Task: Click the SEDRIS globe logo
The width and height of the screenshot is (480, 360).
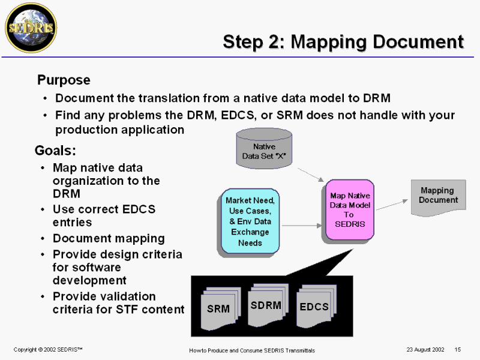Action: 31,28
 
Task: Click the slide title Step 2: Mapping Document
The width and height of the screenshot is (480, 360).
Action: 343,41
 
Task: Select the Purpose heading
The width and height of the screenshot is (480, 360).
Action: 64,80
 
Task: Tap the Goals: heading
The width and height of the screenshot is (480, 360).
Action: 55,150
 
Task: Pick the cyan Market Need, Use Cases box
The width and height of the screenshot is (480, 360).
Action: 250,221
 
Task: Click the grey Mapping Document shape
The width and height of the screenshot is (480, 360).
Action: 438,197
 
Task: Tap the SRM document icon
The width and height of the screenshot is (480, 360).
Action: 218,308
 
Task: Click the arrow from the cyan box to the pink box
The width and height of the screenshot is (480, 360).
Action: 302,226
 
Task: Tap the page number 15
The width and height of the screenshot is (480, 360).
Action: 457,349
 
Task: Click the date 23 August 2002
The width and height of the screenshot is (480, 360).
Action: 425,349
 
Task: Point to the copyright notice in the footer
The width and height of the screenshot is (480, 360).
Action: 47,349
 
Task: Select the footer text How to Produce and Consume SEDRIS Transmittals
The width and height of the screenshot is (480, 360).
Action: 251,350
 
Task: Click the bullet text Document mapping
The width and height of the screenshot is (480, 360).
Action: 109,238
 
